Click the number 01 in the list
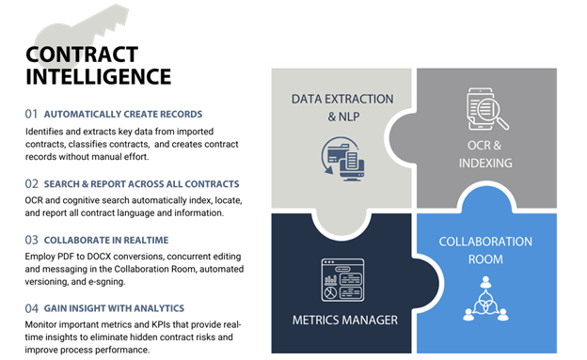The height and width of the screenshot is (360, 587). (31, 115)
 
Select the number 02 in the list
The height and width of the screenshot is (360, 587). (31, 183)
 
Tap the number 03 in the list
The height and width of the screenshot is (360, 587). (31, 240)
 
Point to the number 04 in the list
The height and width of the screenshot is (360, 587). (31, 308)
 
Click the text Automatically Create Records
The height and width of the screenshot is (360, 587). (122, 115)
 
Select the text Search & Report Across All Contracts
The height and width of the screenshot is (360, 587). (141, 183)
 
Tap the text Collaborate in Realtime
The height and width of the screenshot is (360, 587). (105, 240)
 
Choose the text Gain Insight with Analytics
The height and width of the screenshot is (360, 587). (113, 308)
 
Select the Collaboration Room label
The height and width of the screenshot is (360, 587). (485, 249)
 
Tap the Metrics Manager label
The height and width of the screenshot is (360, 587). (343, 320)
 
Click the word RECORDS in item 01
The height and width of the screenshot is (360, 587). (180, 115)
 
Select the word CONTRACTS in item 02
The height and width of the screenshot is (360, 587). (213, 183)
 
